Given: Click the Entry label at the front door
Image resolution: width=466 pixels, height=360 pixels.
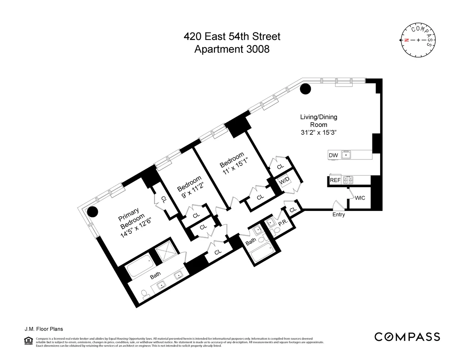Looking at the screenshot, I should click(338, 214).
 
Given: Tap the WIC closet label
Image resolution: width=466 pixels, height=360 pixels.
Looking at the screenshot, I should click(360, 198).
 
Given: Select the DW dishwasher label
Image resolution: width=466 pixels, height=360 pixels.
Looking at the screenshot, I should click(333, 155).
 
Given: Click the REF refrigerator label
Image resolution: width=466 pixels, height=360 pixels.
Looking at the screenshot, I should click(335, 180).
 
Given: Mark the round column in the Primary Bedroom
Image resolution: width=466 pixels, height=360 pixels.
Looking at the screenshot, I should click(92, 212).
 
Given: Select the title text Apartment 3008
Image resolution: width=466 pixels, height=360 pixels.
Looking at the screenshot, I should click(232, 49).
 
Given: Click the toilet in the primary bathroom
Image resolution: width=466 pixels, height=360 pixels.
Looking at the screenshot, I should click(145, 295).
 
